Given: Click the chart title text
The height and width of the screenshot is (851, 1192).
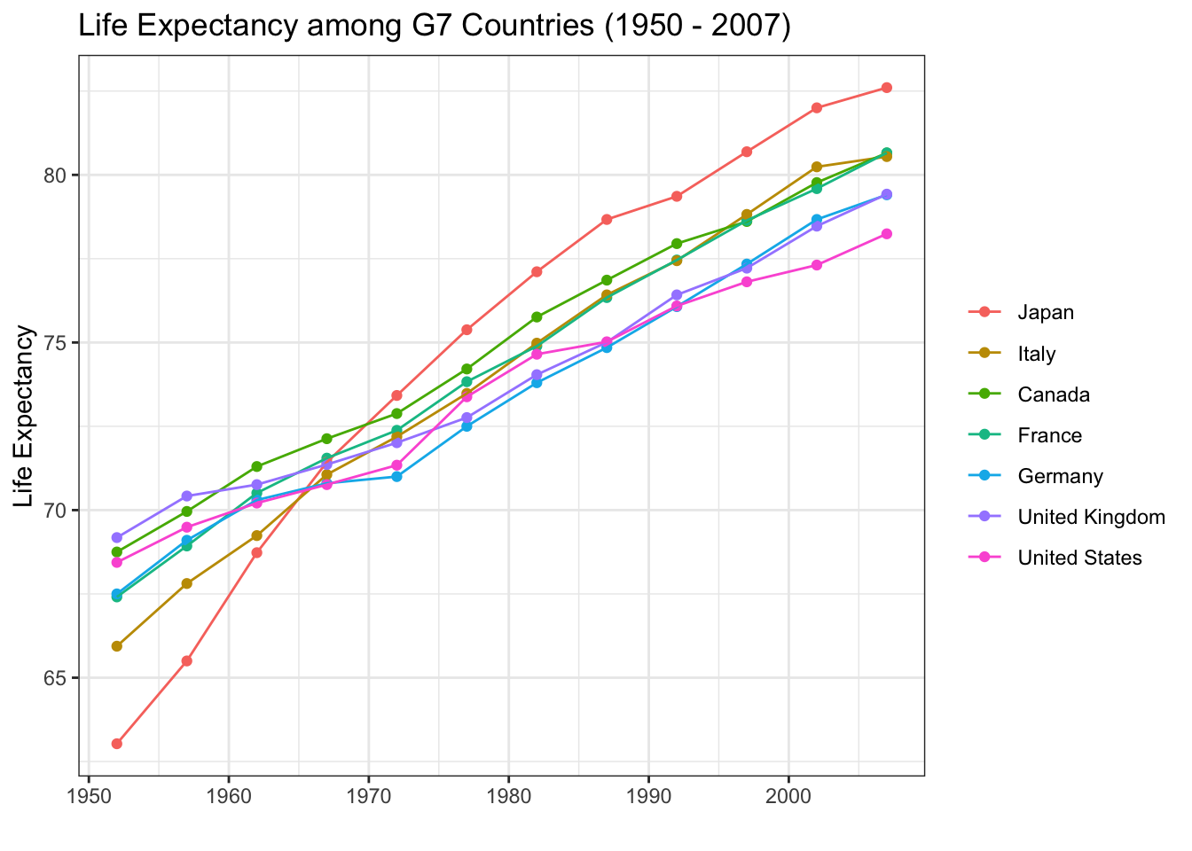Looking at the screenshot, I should [x=434, y=26].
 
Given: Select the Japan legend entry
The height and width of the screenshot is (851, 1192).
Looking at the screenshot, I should [x=1046, y=312].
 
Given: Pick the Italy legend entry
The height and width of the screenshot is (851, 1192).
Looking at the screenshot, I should [x=1036, y=354].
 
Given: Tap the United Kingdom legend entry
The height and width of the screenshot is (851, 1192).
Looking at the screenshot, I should [x=1091, y=517].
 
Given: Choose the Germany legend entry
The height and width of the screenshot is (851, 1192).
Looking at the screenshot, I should [x=1060, y=476].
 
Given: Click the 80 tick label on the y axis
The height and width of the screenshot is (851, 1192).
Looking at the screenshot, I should [x=57, y=175].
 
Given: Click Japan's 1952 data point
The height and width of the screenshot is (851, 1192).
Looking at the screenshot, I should [x=116, y=744].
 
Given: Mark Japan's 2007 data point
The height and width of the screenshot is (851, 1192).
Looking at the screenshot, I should [x=886, y=88].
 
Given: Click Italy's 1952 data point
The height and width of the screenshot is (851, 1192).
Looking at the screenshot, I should [x=116, y=646].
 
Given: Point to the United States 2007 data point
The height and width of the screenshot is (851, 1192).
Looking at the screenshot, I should [x=886, y=234].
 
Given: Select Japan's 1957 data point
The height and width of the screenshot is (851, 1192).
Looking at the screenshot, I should [x=186, y=661].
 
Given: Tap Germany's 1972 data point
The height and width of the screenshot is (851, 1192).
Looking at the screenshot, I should [x=396, y=476].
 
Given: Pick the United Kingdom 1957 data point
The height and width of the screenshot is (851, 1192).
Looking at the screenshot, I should [x=186, y=496].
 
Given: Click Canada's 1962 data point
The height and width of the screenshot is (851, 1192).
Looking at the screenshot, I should [x=256, y=466].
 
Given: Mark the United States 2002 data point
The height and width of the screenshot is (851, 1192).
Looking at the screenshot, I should [x=816, y=265].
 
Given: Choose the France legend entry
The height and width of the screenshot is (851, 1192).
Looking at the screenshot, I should [x=1049, y=435].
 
